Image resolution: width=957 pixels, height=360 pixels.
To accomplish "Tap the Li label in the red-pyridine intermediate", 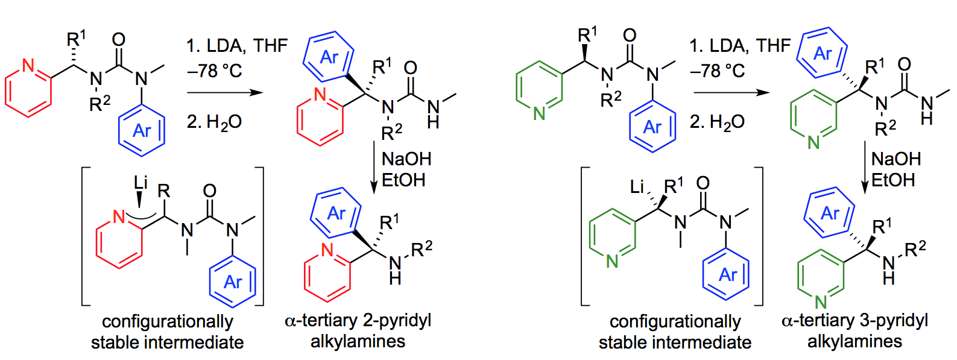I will (141, 182).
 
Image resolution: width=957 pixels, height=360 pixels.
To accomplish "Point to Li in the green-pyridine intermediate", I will (637, 187).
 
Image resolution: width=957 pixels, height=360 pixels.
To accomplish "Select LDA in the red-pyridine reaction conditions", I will (226, 46).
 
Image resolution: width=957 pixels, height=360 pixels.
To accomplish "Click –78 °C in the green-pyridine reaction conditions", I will (717, 71).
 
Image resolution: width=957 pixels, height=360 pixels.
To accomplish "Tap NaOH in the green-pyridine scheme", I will (896, 159).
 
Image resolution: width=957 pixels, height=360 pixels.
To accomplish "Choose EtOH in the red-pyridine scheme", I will (403, 180).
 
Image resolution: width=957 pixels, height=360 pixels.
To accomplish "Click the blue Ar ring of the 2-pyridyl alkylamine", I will (335, 213).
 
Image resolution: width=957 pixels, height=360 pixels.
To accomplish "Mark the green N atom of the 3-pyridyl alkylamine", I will (820, 302).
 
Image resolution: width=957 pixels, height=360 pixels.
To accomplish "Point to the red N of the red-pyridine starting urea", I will (28, 65).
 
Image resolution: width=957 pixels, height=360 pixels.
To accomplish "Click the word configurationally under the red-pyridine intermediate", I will (167, 321).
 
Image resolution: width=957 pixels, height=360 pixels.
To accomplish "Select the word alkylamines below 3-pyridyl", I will (854, 342).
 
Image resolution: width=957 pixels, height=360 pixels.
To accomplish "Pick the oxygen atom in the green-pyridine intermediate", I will (703, 183).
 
